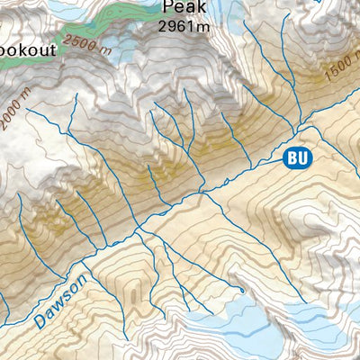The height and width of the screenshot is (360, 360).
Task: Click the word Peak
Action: coord(184,8)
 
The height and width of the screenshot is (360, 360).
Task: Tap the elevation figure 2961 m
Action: coord(184,27)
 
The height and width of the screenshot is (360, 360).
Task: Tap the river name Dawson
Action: coord(62,301)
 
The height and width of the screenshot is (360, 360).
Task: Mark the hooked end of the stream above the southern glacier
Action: coord(242,290)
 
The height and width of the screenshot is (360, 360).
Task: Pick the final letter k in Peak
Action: coord(202,8)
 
